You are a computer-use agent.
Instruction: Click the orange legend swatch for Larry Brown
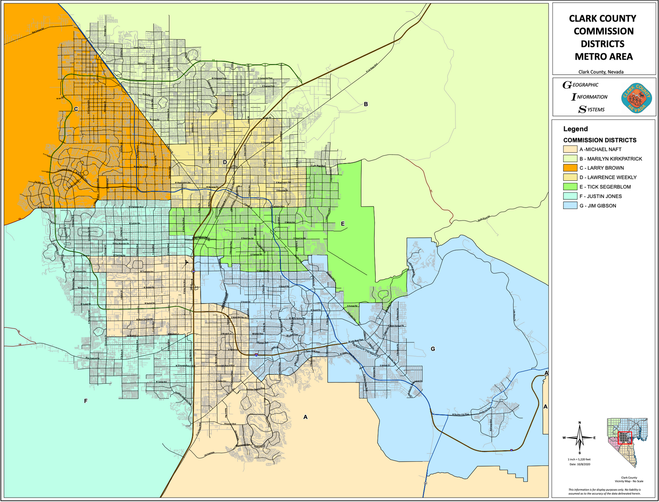[x=570, y=168]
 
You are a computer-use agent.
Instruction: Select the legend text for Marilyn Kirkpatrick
[x=615, y=159]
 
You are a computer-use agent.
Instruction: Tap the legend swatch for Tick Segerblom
[x=570, y=187]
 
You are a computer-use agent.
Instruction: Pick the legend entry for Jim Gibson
[x=598, y=206]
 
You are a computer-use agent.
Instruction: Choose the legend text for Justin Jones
[x=601, y=196]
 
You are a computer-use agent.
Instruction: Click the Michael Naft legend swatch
[x=570, y=149]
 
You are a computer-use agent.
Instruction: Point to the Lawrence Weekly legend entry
[x=608, y=177]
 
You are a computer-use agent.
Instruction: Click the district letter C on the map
[x=76, y=109]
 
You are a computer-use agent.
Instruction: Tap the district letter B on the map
[x=366, y=105]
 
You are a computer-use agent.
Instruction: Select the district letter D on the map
[x=225, y=162]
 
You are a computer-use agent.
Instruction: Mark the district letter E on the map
[x=343, y=224]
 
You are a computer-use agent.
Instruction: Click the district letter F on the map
[x=86, y=401]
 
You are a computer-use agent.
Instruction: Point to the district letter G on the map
[x=433, y=349]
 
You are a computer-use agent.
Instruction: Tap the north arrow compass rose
[x=580, y=437]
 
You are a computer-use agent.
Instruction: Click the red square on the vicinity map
[x=625, y=438]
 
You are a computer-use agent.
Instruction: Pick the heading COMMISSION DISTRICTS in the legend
[x=600, y=140]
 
